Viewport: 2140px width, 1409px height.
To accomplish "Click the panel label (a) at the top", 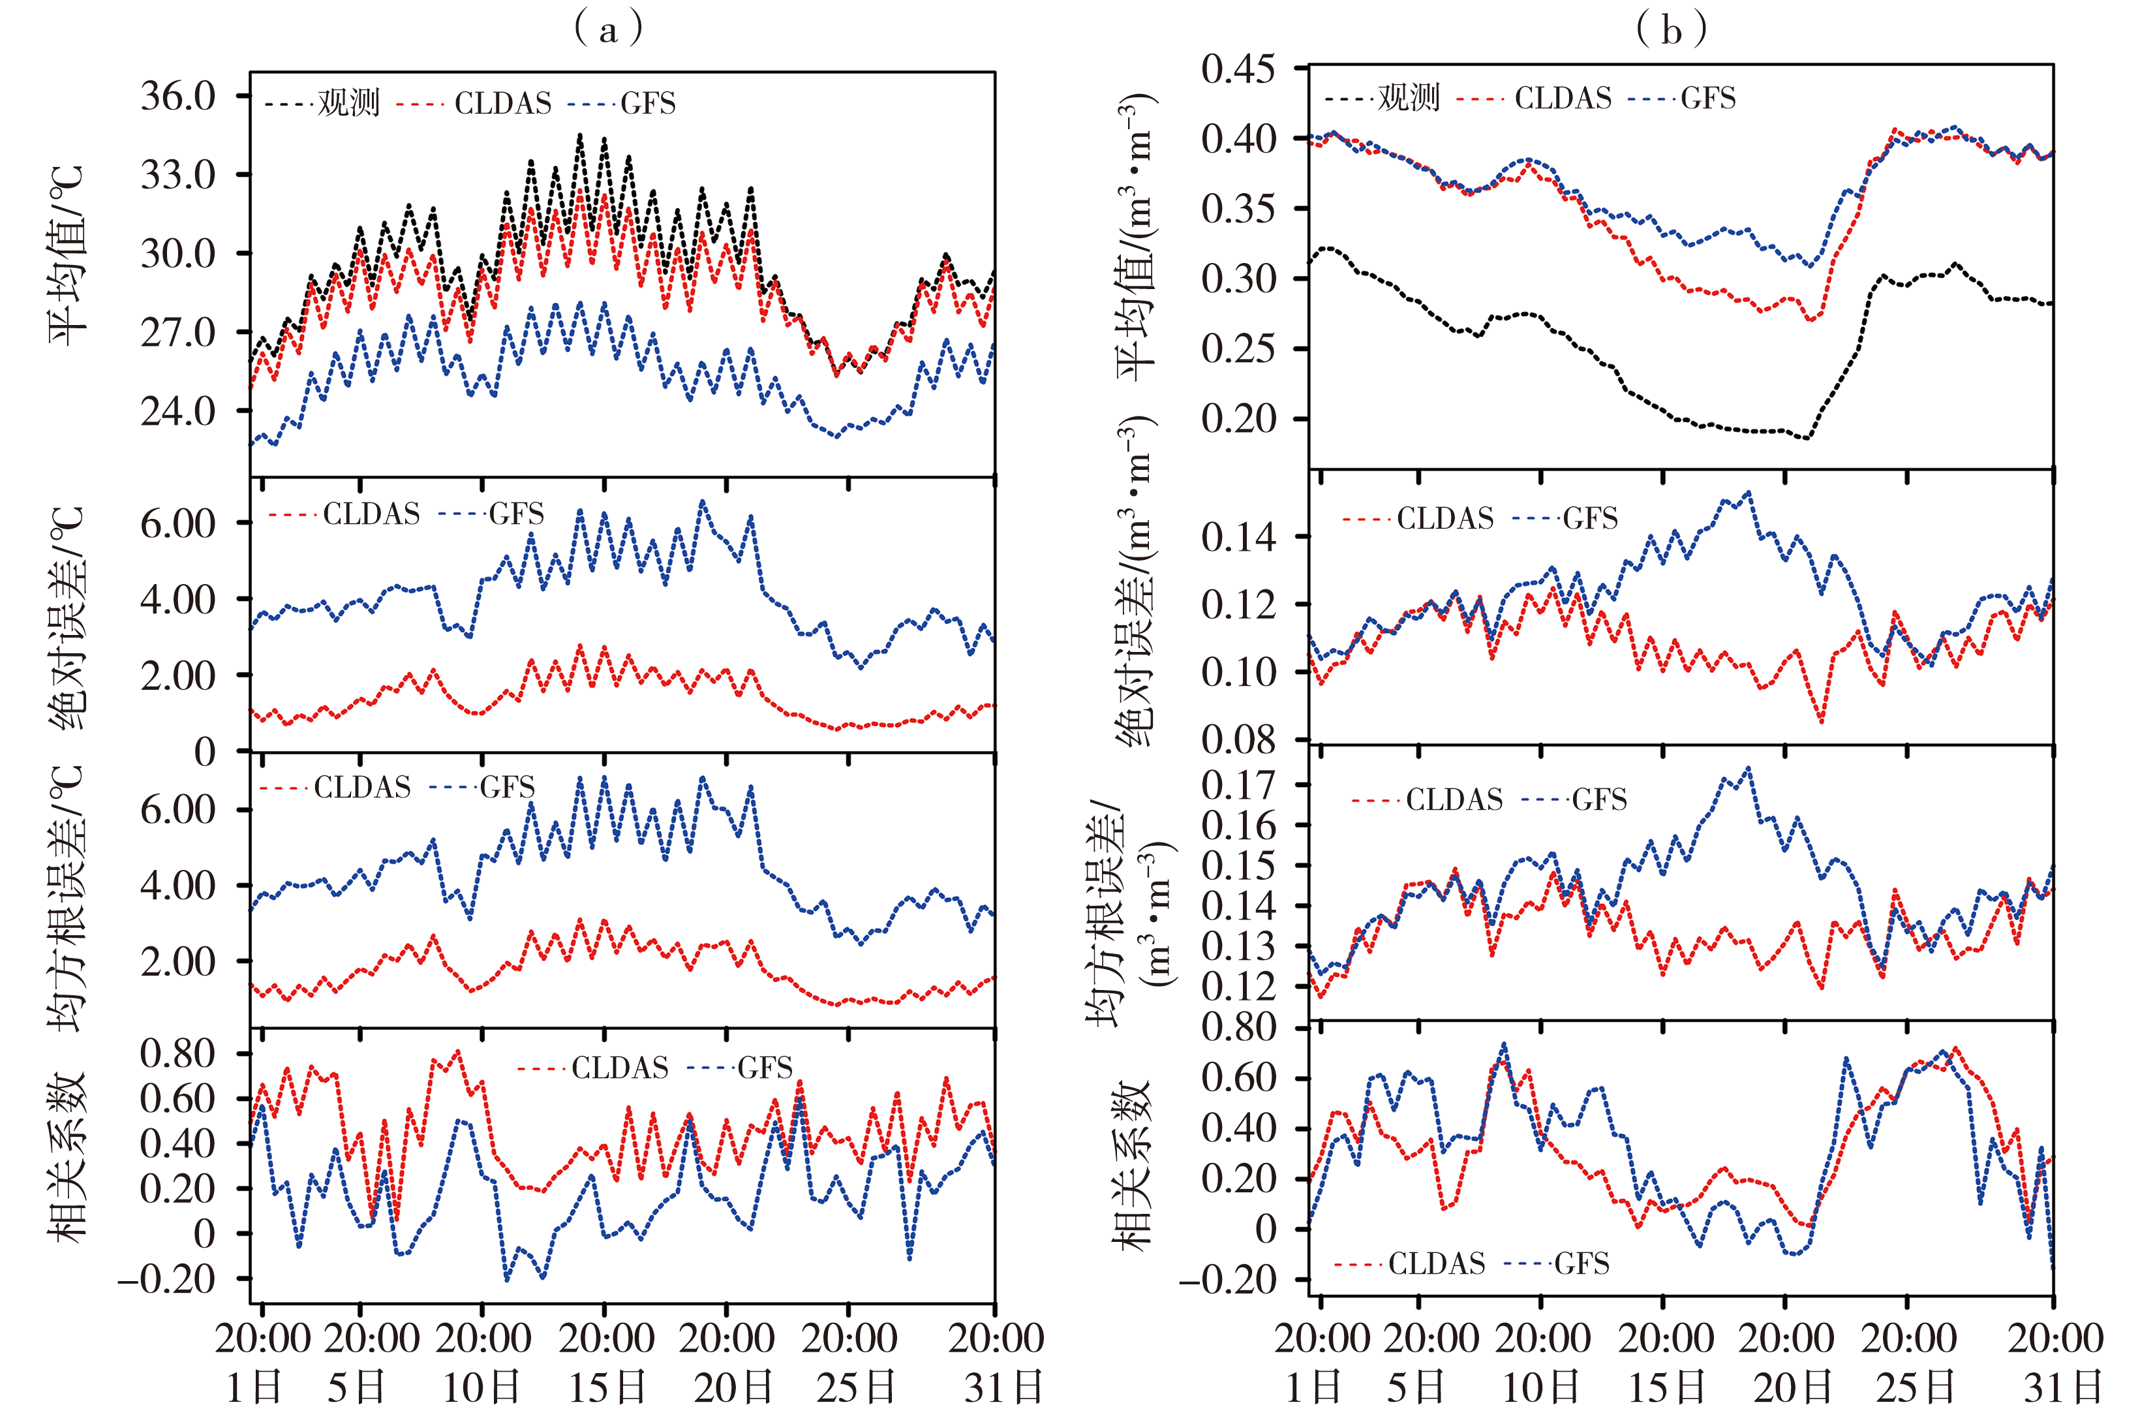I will point(609,29).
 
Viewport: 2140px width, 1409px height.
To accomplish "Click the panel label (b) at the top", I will point(1671,29).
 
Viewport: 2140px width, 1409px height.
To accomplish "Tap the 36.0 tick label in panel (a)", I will point(178,95).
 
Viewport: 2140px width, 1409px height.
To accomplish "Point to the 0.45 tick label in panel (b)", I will point(1238,69).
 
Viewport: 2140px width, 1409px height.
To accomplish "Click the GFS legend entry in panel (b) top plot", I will point(1708,98).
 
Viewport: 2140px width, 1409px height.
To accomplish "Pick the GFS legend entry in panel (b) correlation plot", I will point(1583,1263).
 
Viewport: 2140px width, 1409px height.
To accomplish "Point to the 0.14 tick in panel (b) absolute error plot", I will point(1238,538).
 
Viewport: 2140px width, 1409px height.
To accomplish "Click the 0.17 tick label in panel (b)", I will point(1238,785).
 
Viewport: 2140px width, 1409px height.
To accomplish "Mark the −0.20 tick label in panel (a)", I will point(167,1278).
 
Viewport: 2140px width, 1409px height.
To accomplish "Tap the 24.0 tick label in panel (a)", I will point(178,412).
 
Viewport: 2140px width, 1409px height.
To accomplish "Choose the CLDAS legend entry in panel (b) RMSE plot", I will point(1454,799).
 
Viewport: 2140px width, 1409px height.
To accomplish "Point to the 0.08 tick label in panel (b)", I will point(1238,740).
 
